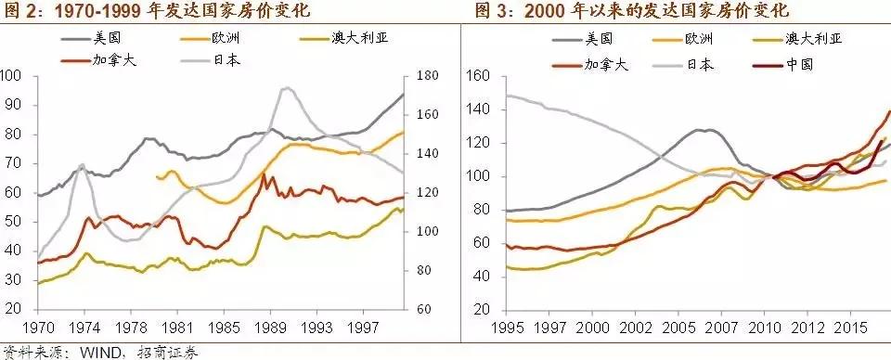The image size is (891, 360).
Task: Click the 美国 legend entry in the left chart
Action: coord(92,39)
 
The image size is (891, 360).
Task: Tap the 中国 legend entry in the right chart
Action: coord(783,64)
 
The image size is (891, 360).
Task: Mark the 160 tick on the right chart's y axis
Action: coord(476,76)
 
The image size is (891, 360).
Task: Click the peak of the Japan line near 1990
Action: coord(287,87)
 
